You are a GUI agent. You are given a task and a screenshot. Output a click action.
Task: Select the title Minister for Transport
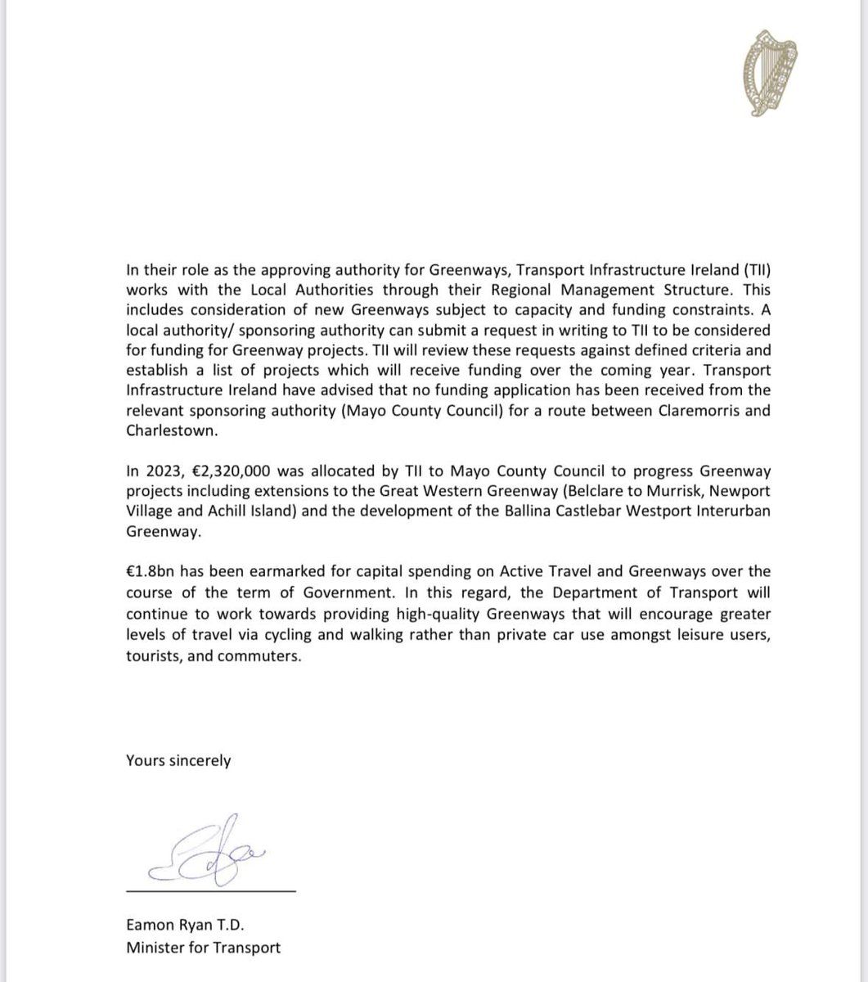(x=203, y=948)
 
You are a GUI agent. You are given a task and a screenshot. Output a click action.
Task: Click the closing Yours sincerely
(x=178, y=760)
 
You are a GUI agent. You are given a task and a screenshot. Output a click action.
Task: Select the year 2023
(x=160, y=471)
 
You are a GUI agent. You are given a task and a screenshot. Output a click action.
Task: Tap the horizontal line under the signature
(x=210, y=888)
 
